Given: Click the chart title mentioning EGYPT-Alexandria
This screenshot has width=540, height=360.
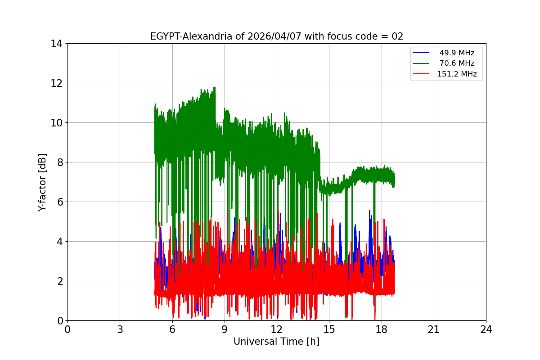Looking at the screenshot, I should click(276, 36).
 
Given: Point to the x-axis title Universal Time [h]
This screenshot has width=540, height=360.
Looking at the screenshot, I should click(276, 342).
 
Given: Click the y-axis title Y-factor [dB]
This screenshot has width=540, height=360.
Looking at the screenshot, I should click(42, 182).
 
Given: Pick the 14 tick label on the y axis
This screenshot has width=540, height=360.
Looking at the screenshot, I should click(57, 44).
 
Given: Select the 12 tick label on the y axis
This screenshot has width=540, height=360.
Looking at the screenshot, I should click(57, 83).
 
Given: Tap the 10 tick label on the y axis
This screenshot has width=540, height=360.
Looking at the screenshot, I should click(57, 123).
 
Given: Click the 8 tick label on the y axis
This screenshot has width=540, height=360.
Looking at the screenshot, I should click(59, 162).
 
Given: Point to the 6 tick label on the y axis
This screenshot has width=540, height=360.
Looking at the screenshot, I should click(59, 202).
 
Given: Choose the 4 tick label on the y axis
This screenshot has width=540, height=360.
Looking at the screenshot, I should click(59, 242).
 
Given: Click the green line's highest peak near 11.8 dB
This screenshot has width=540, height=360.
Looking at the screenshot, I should click(215, 87).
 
